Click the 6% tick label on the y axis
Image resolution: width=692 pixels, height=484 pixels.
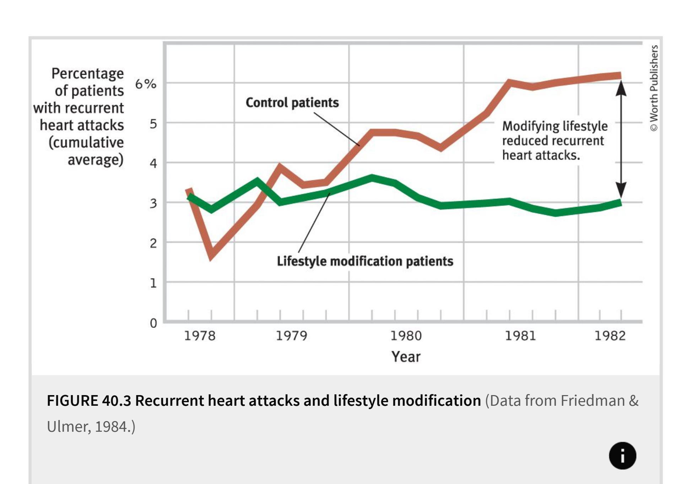(146, 84)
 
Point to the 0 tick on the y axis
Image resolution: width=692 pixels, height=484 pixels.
(153, 323)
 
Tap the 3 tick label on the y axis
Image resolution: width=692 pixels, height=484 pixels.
(153, 203)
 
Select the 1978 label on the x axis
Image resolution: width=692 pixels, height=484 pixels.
(200, 336)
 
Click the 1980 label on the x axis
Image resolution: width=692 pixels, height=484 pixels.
(406, 336)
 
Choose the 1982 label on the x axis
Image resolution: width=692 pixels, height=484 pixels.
(610, 336)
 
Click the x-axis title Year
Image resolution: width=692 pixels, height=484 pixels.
(406, 357)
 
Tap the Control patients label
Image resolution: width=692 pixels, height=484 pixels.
(292, 102)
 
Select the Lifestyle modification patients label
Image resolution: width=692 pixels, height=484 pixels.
(365, 261)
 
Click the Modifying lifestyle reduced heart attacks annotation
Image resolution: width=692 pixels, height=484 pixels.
(554, 141)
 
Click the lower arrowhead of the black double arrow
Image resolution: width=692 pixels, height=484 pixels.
(621, 190)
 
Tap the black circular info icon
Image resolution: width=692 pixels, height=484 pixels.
(622, 456)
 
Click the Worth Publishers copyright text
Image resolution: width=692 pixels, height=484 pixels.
(654, 88)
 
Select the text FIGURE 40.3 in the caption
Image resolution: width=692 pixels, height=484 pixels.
(89, 401)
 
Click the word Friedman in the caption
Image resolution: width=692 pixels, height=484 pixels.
(593, 401)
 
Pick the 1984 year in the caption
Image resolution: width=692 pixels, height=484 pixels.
(111, 427)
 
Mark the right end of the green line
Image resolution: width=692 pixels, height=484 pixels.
(620, 203)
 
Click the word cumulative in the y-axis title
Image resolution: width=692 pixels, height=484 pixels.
(86, 142)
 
